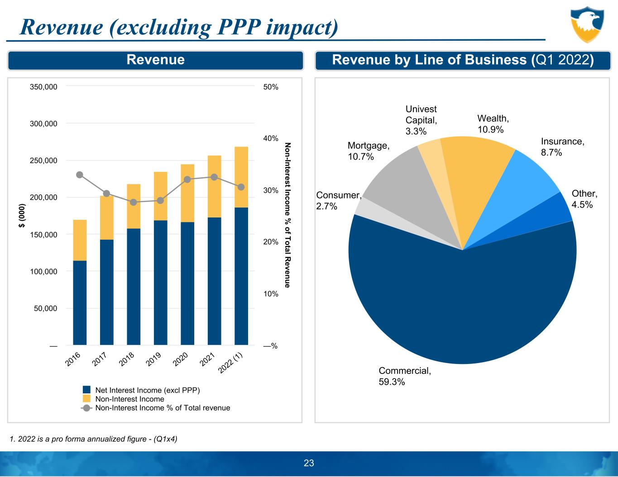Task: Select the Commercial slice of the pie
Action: (462, 307)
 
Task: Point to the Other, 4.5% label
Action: (584, 199)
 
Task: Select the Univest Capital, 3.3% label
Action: (421, 120)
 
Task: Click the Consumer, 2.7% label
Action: (338, 200)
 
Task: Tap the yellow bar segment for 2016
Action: (80, 240)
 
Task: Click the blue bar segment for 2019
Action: (160, 283)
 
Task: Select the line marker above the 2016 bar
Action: (80, 175)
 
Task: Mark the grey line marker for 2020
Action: (187, 179)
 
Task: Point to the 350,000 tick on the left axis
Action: (43, 86)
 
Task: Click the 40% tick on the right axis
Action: (270, 138)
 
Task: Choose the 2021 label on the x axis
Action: (207, 359)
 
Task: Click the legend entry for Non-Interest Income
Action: (129, 399)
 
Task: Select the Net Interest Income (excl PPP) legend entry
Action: (147, 390)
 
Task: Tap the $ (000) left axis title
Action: (21, 216)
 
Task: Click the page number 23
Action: (309, 463)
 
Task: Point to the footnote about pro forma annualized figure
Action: (93, 439)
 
